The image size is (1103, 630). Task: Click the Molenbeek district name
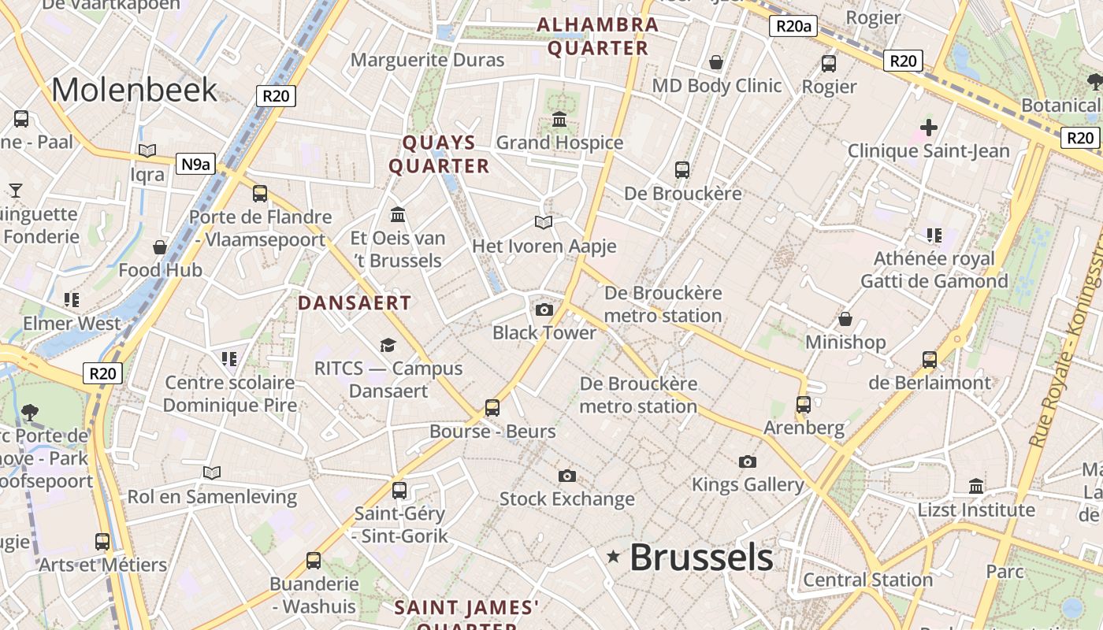[134, 89]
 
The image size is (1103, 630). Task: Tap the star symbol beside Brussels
[613, 558]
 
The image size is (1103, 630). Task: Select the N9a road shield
[195, 163]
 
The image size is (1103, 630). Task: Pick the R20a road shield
[793, 26]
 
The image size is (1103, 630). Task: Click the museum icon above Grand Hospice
[559, 120]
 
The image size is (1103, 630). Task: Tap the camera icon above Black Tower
[544, 309]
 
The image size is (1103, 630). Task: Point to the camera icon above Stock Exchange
[566, 476]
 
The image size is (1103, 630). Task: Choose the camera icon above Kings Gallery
[747, 461]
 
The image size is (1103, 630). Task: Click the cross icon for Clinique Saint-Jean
[929, 127]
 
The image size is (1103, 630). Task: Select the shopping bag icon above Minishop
[845, 319]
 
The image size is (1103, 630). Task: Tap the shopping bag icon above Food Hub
[160, 247]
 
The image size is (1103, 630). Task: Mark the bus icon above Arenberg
[803, 405]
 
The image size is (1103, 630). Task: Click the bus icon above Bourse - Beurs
[492, 408]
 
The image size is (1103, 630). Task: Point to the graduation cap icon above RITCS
[388, 345]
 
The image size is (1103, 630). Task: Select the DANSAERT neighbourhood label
[355, 302]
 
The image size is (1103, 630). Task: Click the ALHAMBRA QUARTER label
[597, 36]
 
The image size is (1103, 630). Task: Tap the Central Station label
[867, 580]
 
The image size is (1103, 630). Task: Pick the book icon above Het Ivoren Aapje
[544, 222]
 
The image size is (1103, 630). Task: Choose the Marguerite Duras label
[427, 60]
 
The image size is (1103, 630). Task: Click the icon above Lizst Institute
[976, 486]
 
